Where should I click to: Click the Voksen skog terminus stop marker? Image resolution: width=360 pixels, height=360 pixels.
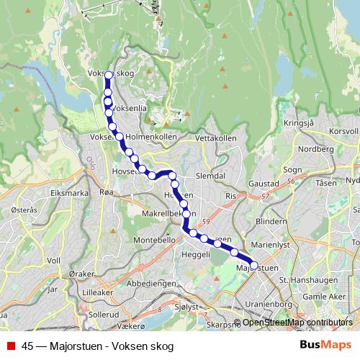pos(109,75)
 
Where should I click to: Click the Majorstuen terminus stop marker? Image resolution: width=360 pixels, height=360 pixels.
pos(253,265)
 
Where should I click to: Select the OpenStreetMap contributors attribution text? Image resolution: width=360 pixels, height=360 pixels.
pos(297,323)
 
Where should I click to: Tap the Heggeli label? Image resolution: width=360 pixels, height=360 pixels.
pos(194,254)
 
